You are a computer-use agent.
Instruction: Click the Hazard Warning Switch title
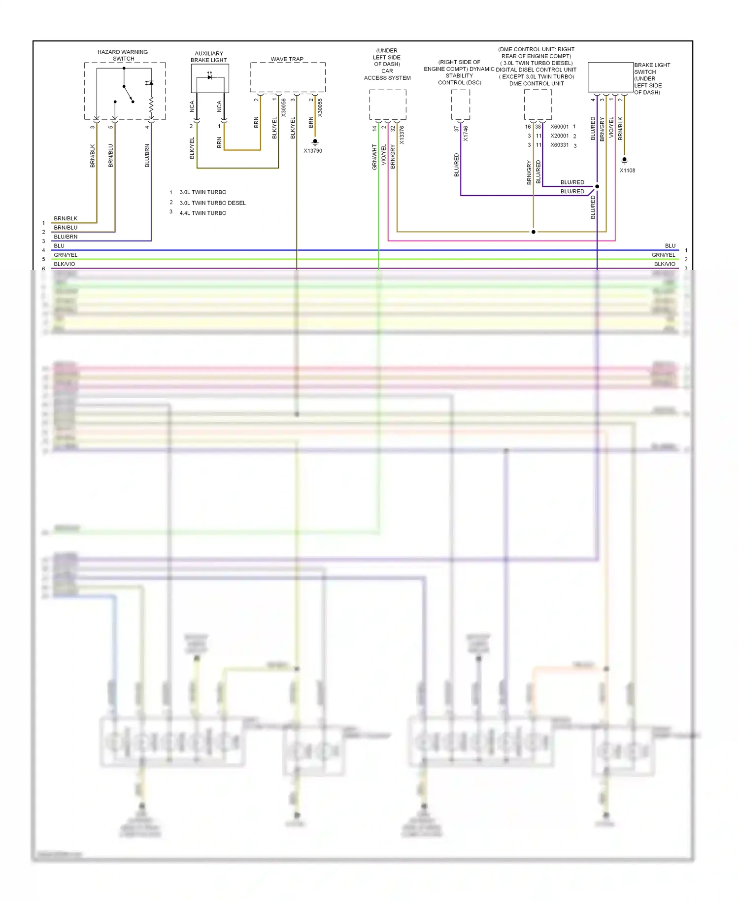(123, 55)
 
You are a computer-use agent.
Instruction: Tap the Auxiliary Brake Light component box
(209, 78)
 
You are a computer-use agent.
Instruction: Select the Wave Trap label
(287, 59)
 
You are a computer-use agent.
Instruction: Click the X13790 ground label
(313, 151)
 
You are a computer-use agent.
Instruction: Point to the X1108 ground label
(627, 171)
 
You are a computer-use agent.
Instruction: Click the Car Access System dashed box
(388, 104)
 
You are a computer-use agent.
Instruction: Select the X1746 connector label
(466, 134)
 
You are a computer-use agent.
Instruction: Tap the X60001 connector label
(559, 127)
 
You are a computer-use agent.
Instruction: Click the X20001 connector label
(559, 136)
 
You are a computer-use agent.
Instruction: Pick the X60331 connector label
(559, 145)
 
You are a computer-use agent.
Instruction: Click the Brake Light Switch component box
(610, 77)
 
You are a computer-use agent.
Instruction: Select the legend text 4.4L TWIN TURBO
(203, 213)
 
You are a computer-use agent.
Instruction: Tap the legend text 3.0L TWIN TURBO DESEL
(212, 203)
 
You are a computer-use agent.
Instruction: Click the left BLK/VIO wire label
(65, 264)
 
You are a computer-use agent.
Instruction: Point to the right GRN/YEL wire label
(663, 255)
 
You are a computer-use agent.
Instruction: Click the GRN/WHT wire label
(374, 157)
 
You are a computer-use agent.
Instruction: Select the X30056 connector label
(284, 107)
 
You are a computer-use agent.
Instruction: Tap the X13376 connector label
(402, 135)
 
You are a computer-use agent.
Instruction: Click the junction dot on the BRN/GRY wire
(533, 232)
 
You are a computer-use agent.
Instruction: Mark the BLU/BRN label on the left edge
(66, 237)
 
